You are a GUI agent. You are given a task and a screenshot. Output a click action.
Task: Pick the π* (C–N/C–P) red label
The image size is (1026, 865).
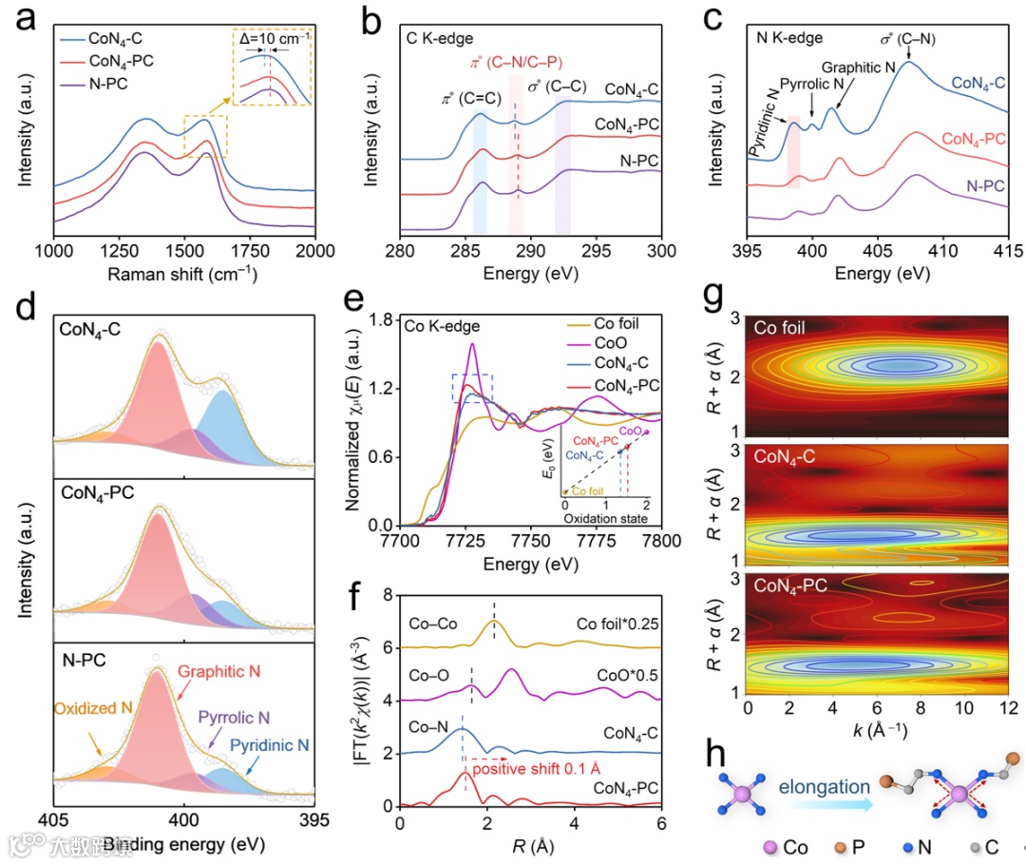tap(513, 64)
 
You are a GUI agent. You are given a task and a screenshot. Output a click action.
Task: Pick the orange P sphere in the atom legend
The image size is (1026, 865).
tap(847, 846)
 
